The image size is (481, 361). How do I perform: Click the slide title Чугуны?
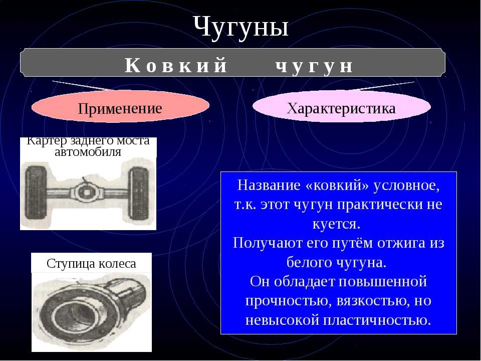pyautogui.click(x=241, y=27)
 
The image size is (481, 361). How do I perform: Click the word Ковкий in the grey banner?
pyautogui.click(x=175, y=65)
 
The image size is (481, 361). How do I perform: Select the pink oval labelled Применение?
pyautogui.click(x=120, y=106)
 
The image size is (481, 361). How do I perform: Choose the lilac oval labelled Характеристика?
pyautogui.click(x=341, y=106)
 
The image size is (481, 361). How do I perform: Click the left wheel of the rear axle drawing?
pyautogui.click(x=36, y=192)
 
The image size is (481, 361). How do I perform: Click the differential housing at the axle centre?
pyautogui.click(x=87, y=192)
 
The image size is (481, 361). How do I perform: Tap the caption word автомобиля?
pyautogui.click(x=88, y=151)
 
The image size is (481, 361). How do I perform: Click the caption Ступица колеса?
pyautogui.click(x=91, y=264)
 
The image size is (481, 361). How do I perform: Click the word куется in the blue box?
pyautogui.click(x=336, y=224)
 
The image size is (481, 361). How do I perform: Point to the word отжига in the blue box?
pyautogui.click(x=401, y=243)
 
